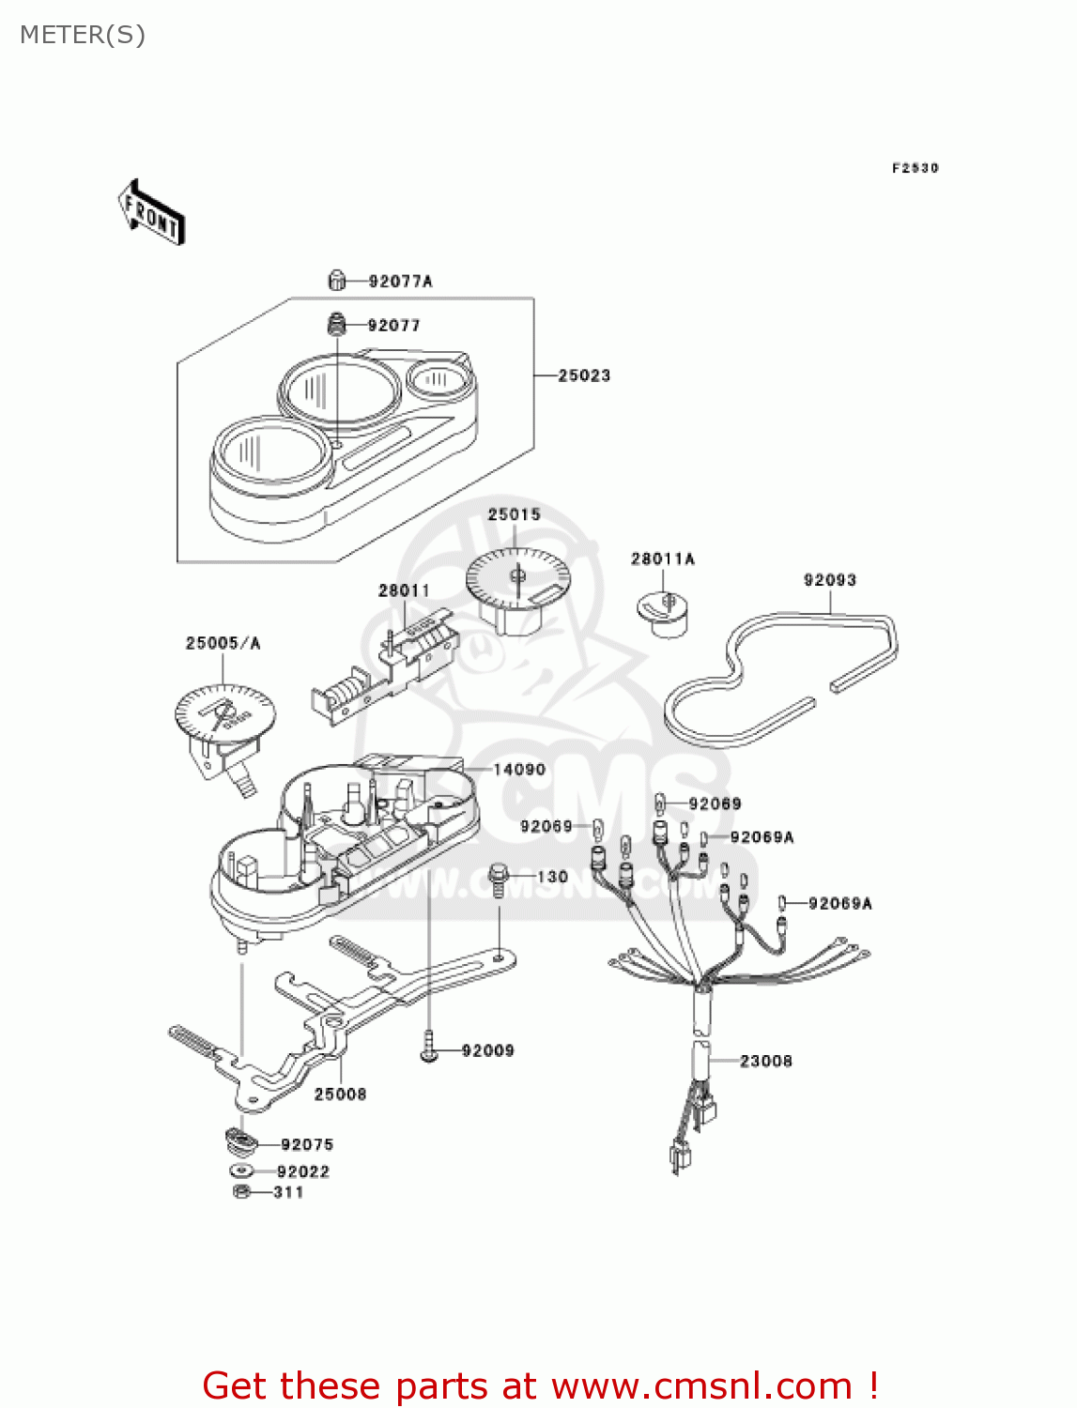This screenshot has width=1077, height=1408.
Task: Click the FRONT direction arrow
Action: pyautogui.click(x=151, y=213)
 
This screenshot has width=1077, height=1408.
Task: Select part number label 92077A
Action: pyautogui.click(x=400, y=281)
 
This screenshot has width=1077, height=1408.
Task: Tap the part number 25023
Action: pyautogui.click(x=584, y=375)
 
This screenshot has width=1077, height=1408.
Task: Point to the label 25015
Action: pyautogui.click(x=514, y=514)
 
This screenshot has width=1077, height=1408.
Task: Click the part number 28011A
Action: pyautogui.click(x=662, y=559)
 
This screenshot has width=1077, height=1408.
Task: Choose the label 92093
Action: pyautogui.click(x=830, y=580)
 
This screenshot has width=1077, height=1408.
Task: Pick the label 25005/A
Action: pyautogui.click(x=223, y=643)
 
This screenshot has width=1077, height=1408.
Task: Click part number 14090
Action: pyautogui.click(x=519, y=770)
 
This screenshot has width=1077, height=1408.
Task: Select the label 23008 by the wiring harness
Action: pyautogui.click(x=765, y=1061)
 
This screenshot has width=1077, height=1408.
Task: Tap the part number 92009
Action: pyautogui.click(x=487, y=1050)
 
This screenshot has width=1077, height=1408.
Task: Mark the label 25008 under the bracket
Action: pyautogui.click(x=340, y=1094)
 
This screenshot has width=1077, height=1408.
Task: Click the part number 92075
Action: pyautogui.click(x=307, y=1144)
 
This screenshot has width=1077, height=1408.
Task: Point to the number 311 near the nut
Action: pyautogui.click(x=288, y=1192)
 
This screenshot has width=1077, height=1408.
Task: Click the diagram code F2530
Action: pyautogui.click(x=915, y=168)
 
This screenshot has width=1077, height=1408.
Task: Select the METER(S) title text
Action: pyautogui.click(x=83, y=35)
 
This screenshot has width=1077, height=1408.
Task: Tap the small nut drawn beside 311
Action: pyautogui.click(x=240, y=1192)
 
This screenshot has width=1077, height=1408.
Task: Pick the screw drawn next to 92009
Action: pyautogui.click(x=429, y=1048)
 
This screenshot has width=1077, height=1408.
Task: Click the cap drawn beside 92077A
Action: pyautogui.click(x=337, y=280)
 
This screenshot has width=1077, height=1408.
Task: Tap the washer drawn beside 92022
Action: pyautogui.click(x=240, y=1171)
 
